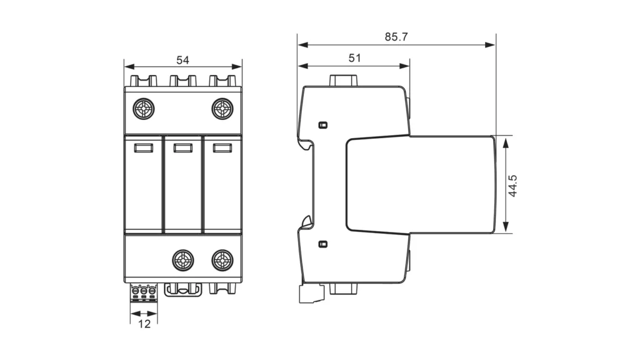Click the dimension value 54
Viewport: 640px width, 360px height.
click(x=182, y=60)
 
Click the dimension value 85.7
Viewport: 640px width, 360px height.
click(x=396, y=37)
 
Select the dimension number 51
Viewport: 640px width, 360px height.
click(x=354, y=58)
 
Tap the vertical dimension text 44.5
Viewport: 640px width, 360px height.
click(x=512, y=186)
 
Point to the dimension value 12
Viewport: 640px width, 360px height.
click(x=144, y=324)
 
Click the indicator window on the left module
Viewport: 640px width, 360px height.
click(x=144, y=148)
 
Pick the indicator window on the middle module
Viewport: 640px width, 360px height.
click(x=182, y=148)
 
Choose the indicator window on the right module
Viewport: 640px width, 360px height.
click(x=222, y=148)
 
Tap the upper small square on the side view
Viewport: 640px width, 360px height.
click(x=322, y=125)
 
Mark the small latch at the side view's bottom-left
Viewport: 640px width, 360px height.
click(x=310, y=294)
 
